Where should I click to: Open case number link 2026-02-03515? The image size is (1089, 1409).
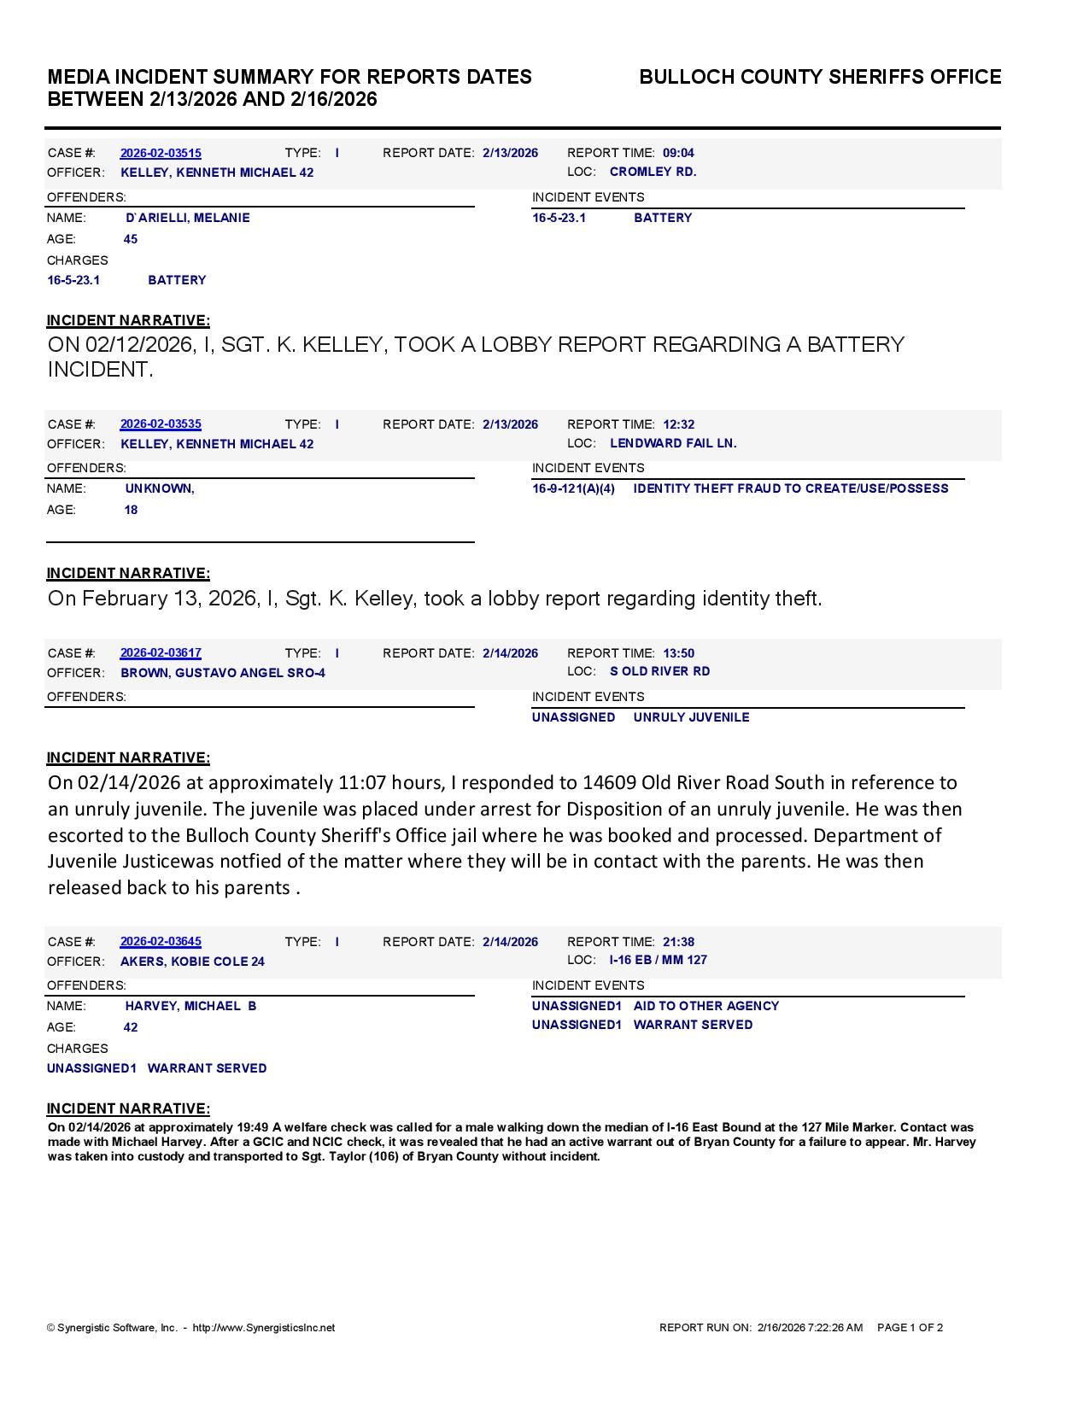161,153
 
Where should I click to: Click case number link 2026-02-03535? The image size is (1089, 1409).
161,424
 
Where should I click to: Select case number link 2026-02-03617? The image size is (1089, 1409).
161,653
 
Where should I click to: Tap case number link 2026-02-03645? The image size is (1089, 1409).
161,942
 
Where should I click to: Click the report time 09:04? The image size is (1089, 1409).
678,153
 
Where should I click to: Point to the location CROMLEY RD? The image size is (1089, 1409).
653,172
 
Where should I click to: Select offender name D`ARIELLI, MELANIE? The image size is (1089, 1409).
188,218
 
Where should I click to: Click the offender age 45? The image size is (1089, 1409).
131,239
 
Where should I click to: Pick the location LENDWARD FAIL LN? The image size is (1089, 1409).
673,443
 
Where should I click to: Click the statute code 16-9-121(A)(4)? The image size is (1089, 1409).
573,488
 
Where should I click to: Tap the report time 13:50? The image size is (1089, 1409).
678,653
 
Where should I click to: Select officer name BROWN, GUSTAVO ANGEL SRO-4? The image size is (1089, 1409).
223,673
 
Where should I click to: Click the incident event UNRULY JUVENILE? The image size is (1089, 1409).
691,717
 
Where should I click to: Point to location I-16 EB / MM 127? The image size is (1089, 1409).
659,960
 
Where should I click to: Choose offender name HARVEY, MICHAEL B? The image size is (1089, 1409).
190,1006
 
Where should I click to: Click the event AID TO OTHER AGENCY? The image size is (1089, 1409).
706,1006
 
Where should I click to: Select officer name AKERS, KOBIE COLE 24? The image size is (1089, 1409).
192,962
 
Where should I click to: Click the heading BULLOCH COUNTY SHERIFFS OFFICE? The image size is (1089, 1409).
820,77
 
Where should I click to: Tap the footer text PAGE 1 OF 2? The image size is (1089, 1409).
910,1328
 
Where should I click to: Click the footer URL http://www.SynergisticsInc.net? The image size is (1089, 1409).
264,1328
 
